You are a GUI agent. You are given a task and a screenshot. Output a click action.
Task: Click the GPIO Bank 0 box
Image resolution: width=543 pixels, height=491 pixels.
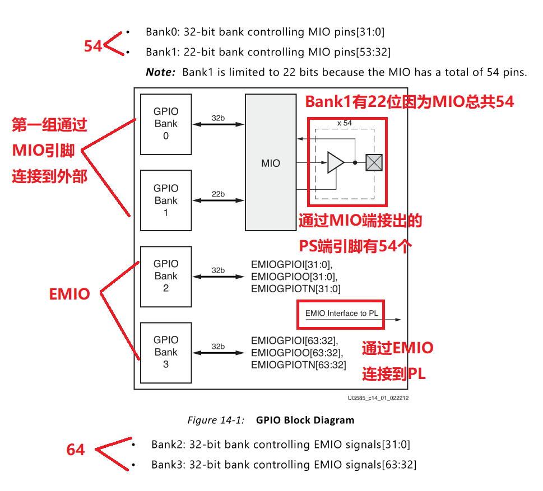[x=166, y=124]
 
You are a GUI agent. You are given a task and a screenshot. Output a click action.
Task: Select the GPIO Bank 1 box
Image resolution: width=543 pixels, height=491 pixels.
[x=166, y=200]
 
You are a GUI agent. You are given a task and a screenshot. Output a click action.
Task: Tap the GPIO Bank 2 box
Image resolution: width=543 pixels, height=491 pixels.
[x=166, y=276]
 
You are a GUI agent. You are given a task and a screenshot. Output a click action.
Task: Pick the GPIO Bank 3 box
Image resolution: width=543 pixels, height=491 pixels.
[x=166, y=352]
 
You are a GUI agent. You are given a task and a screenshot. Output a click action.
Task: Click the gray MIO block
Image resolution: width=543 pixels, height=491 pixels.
[x=271, y=162]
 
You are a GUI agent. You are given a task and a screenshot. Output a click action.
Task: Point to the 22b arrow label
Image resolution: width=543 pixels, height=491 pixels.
[x=218, y=194]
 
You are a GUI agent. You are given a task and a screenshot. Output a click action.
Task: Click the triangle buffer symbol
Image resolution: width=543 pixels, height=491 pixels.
[x=335, y=162]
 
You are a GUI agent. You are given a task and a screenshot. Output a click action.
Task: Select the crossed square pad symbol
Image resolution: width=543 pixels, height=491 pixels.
[x=374, y=162]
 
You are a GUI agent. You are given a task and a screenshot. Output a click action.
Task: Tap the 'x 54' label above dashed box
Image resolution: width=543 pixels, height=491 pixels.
[x=344, y=123]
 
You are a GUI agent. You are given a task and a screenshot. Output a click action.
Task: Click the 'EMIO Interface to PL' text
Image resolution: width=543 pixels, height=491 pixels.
[x=341, y=314]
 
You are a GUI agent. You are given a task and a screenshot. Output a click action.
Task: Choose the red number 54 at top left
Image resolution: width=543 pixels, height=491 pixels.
[x=93, y=46]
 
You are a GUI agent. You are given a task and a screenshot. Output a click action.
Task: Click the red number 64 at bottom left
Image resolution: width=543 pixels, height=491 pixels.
[x=76, y=450]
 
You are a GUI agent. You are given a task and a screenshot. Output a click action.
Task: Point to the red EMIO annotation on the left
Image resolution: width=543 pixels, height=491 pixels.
[x=69, y=294]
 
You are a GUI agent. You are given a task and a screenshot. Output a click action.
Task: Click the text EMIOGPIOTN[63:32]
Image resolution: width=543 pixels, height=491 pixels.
[x=298, y=365]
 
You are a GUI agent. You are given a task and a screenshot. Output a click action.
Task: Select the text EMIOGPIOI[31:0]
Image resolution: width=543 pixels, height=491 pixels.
[x=291, y=264]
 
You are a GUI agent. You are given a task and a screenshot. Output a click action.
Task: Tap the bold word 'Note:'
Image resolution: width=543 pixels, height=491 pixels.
[x=160, y=72]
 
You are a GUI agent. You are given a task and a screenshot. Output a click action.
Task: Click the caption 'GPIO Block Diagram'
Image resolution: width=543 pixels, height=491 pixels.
[x=305, y=420]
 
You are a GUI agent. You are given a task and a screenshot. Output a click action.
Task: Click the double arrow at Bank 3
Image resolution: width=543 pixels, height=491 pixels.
[x=218, y=354]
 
